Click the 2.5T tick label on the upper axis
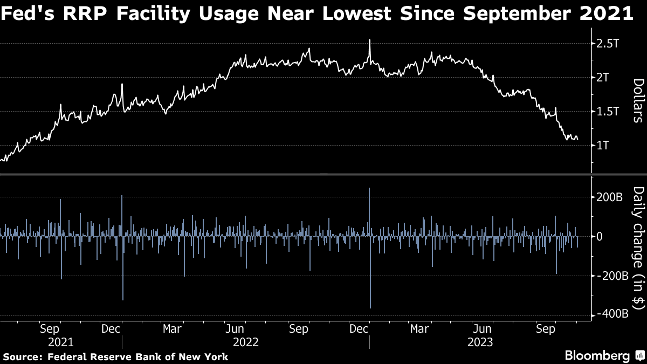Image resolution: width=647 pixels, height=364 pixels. [x=609, y=43]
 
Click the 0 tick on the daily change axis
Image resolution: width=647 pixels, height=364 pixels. [x=598, y=237]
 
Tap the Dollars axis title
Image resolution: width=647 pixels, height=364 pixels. [x=638, y=100]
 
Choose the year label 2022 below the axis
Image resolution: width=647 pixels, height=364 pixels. [x=246, y=342]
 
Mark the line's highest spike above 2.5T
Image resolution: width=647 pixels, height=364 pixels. [x=369, y=40]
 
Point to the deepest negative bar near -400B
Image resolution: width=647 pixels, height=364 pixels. [x=370, y=307]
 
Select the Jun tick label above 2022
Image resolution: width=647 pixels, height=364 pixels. [x=236, y=328]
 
